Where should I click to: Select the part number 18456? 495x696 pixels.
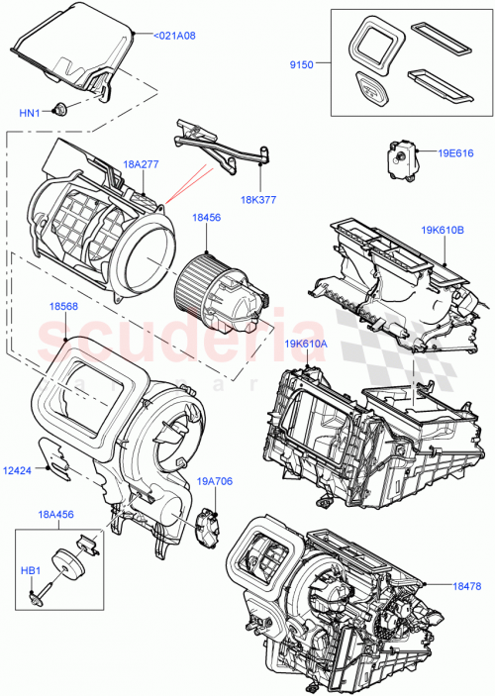pyautogui.click(x=207, y=217)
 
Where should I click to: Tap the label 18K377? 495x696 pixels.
pyautogui.click(x=258, y=199)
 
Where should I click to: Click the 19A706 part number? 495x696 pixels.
pyautogui.click(x=215, y=482)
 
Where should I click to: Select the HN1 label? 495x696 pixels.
pyautogui.click(x=29, y=113)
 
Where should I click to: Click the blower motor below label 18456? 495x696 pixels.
pyautogui.click(x=220, y=290)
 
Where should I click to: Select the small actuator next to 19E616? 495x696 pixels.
pyautogui.click(x=399, y=154)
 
